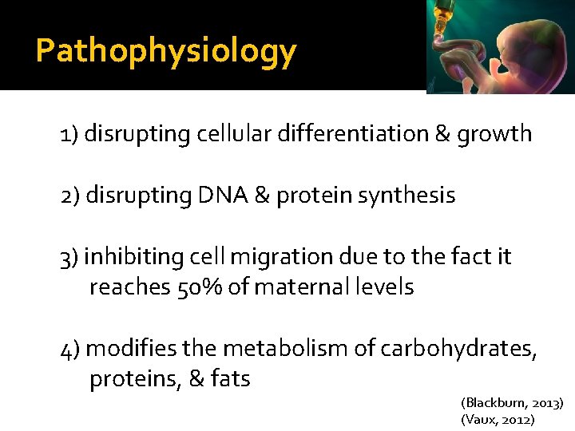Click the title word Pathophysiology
pyautogui.click(x=166, y=52)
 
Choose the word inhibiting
pyautogui.click(x=133, y=257)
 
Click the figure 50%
pyautogui.click(x=196, y=287)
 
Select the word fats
pyautogui.click(x=231, y=379)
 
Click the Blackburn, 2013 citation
pyautogui.click(x=512, y=403)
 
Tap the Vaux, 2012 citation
pyautogui.click(x=498, y=419)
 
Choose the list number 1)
pyautogui.click(x=68, y=134)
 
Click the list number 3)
pyautogui.click(x=69, y=258)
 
